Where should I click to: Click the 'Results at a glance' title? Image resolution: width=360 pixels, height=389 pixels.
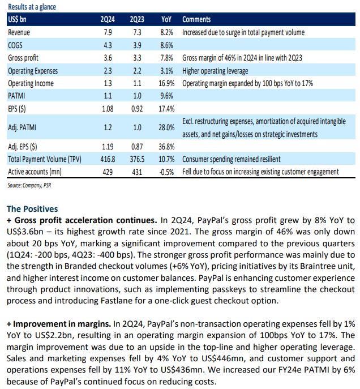click(32, 7)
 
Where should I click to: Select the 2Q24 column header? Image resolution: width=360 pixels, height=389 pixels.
click(108, 19)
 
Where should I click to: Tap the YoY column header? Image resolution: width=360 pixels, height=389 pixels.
click(166, 19)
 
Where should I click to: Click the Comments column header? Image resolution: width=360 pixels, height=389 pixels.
click(196, 19)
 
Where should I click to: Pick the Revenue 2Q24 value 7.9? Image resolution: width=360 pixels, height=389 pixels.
click(108, 32)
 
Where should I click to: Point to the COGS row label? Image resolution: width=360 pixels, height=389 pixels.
click(15, 45)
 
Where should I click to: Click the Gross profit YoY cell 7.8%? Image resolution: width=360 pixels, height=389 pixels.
click(166, 58)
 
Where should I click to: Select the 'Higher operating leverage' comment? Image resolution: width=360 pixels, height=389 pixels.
click(215, 71)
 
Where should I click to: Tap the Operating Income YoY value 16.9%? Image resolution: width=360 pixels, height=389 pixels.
click(166, 83)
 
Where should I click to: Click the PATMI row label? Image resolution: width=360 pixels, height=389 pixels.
click(16, 96)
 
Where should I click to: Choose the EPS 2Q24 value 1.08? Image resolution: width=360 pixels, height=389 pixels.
click(108, 109)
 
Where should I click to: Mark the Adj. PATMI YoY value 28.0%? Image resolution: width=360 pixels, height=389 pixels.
click(166, 127)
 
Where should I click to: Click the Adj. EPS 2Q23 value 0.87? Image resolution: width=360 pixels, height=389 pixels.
click(137, 147)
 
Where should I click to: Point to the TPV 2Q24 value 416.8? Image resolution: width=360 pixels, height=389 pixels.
click(108, 159)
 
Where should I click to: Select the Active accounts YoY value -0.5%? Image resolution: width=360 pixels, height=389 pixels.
click(166, 172)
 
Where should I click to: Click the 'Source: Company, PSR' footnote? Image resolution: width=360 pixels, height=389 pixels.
click(29, 186)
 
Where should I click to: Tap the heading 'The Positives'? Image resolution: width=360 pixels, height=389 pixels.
click(32, 209)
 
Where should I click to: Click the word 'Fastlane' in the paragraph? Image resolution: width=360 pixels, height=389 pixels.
click(117, 301)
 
